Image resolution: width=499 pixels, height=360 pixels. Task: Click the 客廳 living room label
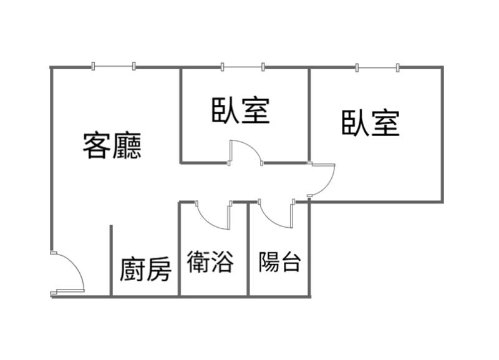click(112, 146)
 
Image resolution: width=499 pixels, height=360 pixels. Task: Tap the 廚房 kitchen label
click(146, 270)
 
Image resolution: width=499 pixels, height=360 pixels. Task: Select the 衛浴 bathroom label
click(210, 261)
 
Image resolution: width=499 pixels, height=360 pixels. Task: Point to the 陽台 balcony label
click(279, 262)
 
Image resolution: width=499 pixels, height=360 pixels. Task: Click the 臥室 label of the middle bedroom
click(241, 110)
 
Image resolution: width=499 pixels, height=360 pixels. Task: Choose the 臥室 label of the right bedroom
click(371, 123)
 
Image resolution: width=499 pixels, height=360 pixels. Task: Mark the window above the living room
click(113, 66)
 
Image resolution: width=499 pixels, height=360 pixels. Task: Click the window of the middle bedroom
click(243, 67)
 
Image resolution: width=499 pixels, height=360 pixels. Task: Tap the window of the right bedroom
click(377, 67)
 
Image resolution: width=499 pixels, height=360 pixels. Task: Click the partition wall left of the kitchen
click(111, 260)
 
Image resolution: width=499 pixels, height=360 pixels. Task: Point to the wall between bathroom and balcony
click(248, 249)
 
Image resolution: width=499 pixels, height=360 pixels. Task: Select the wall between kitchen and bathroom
click(179, 249)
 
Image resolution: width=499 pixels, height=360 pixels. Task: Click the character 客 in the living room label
click(97, 146)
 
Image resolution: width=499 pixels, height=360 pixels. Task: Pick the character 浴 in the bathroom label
click(223, 261)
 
